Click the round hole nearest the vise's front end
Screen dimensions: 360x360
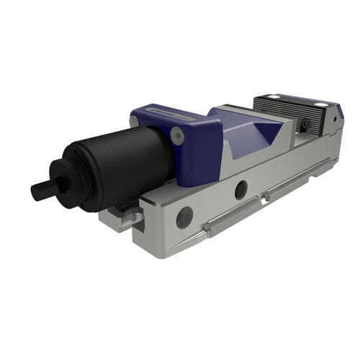pyautogui.click(x=184, y=217)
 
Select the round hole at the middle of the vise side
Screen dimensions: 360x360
pyautogui.click(x=240, y=189)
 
